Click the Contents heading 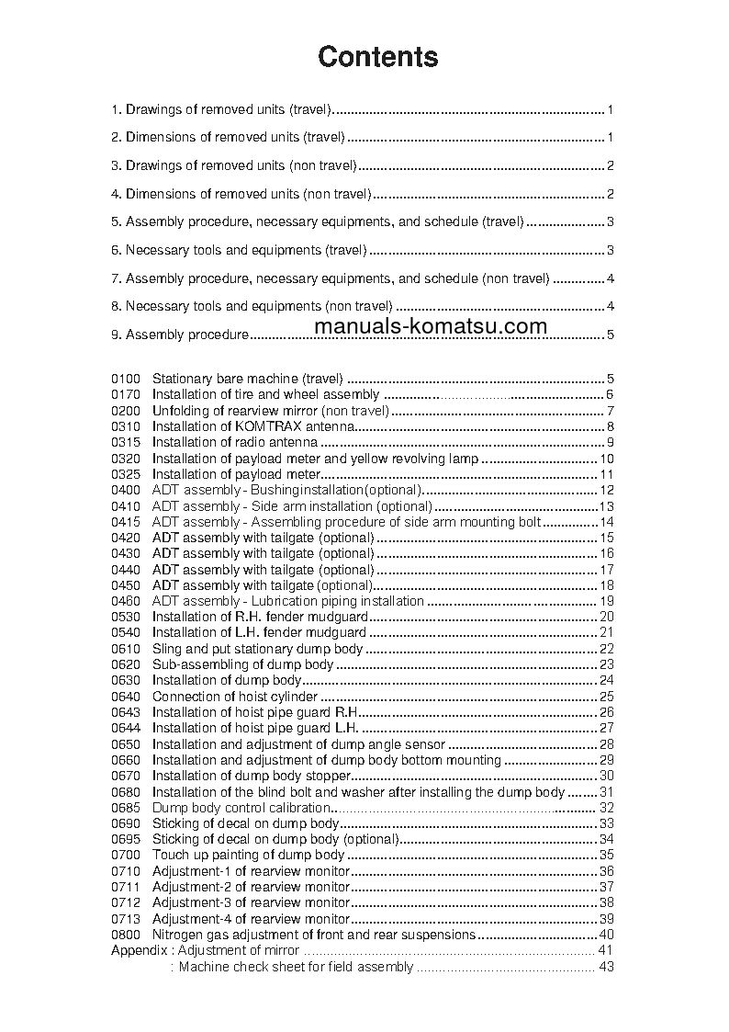(x=377, y=57)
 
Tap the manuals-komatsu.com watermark (x=430, y=325)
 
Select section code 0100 (x=126, y=378)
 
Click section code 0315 (x=126, y=442)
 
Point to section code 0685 (x=126, y=808)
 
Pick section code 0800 (x=126, y=935)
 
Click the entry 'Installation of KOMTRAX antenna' (x=252, y=426)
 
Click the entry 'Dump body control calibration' (x=241, y=808)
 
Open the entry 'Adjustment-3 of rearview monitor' (x=251, y=903)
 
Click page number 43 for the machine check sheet (x=606, y=967)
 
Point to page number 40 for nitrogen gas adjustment (x=606, y=935)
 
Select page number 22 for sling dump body (x=606, y=649)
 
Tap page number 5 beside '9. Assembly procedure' (x=610, y=335)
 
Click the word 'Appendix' (x=140, y=950)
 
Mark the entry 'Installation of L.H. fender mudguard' (x=259, y=632)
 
